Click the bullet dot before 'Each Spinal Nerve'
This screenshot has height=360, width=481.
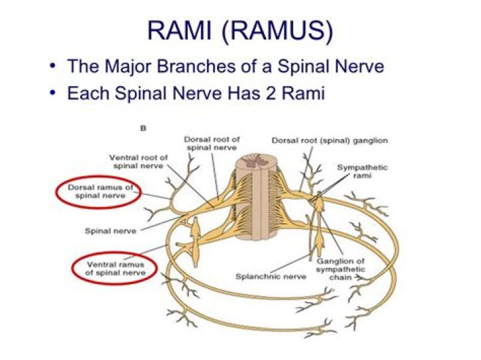click(53, 93)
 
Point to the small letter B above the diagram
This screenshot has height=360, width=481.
click(142, 127)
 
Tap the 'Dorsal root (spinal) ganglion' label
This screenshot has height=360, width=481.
click(329, 140)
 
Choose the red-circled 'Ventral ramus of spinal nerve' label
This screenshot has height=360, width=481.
click(112, 269)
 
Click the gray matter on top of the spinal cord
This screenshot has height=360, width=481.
click(255, 160)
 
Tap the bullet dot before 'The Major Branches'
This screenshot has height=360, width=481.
click(53, 67)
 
